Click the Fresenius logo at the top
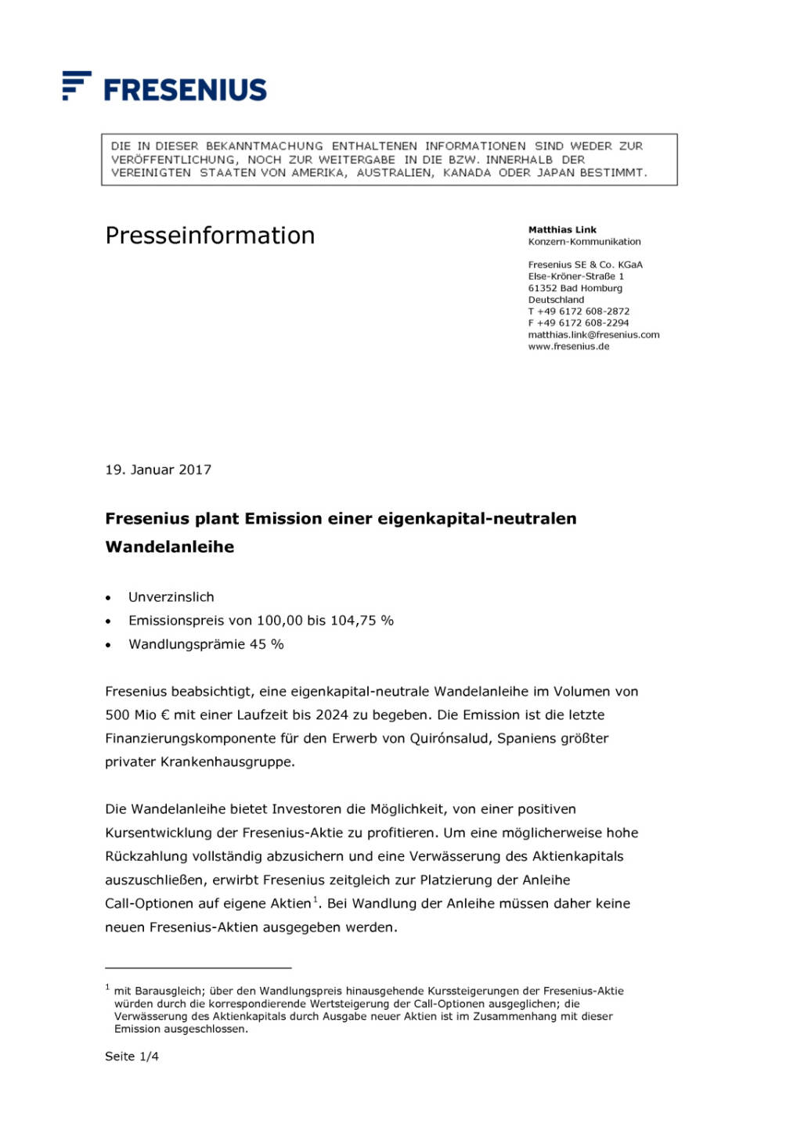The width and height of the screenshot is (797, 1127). click(x=165, y=87)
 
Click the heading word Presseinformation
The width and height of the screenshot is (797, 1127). click(x=210, y=236)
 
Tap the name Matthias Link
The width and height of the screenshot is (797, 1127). click(x=562, y=230)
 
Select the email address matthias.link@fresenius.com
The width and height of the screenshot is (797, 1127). click(x=593, y=335)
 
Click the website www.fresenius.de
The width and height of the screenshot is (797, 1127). click(x=568, y=347)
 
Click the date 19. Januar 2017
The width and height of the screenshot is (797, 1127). click(x=158, y=470)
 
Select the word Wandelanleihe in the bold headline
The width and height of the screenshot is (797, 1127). click(x=170, y=547)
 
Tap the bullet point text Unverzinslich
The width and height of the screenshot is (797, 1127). click(x=171, y=597)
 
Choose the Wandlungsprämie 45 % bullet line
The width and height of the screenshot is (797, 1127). click(x=206, y=644)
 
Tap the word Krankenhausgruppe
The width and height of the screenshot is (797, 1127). click(x=227, y=762)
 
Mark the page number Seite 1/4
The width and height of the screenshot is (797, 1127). click(x=132, y=1057)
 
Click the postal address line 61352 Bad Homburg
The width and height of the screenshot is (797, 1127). click(x=575, y=288)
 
